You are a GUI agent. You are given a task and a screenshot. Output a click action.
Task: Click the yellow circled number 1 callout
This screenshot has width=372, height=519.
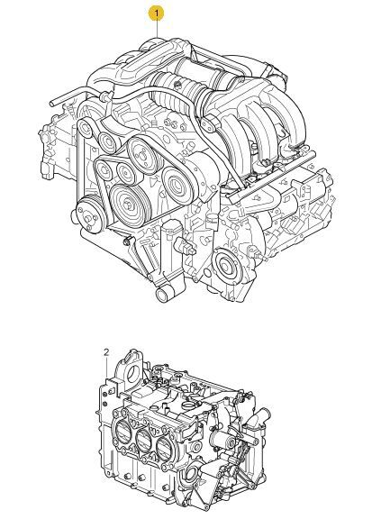coord(156,14)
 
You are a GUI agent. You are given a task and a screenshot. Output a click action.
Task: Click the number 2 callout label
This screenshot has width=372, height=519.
coord(106,352)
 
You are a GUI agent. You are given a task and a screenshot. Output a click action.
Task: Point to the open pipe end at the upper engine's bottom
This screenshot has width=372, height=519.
coord(162,295)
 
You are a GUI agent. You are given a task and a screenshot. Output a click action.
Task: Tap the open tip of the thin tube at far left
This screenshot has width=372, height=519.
coord(52,103)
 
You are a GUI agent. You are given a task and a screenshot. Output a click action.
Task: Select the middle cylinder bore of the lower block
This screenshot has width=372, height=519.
coord(142,443)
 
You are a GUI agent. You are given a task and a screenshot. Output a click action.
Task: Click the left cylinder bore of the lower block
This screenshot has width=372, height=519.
coord(122,433)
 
